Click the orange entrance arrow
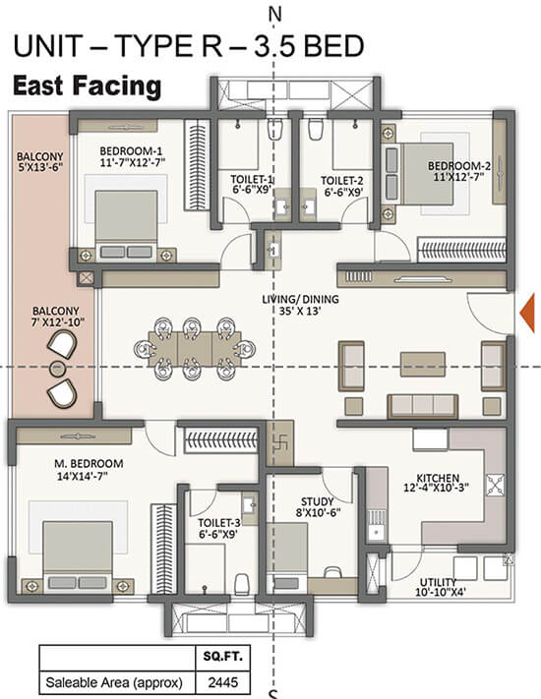[x=528, y=313]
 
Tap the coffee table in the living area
[x=422, y=364]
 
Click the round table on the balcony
[x=57, y=369]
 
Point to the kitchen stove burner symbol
[x=496, y=485]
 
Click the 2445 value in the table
[x=223, y=682]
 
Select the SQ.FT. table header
[x=223, y=656]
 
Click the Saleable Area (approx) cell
[x=114, y=682]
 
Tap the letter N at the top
[x=274, y=15]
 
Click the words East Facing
[x=87, y=87]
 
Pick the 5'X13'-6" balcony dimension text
[x=39, y=167]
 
